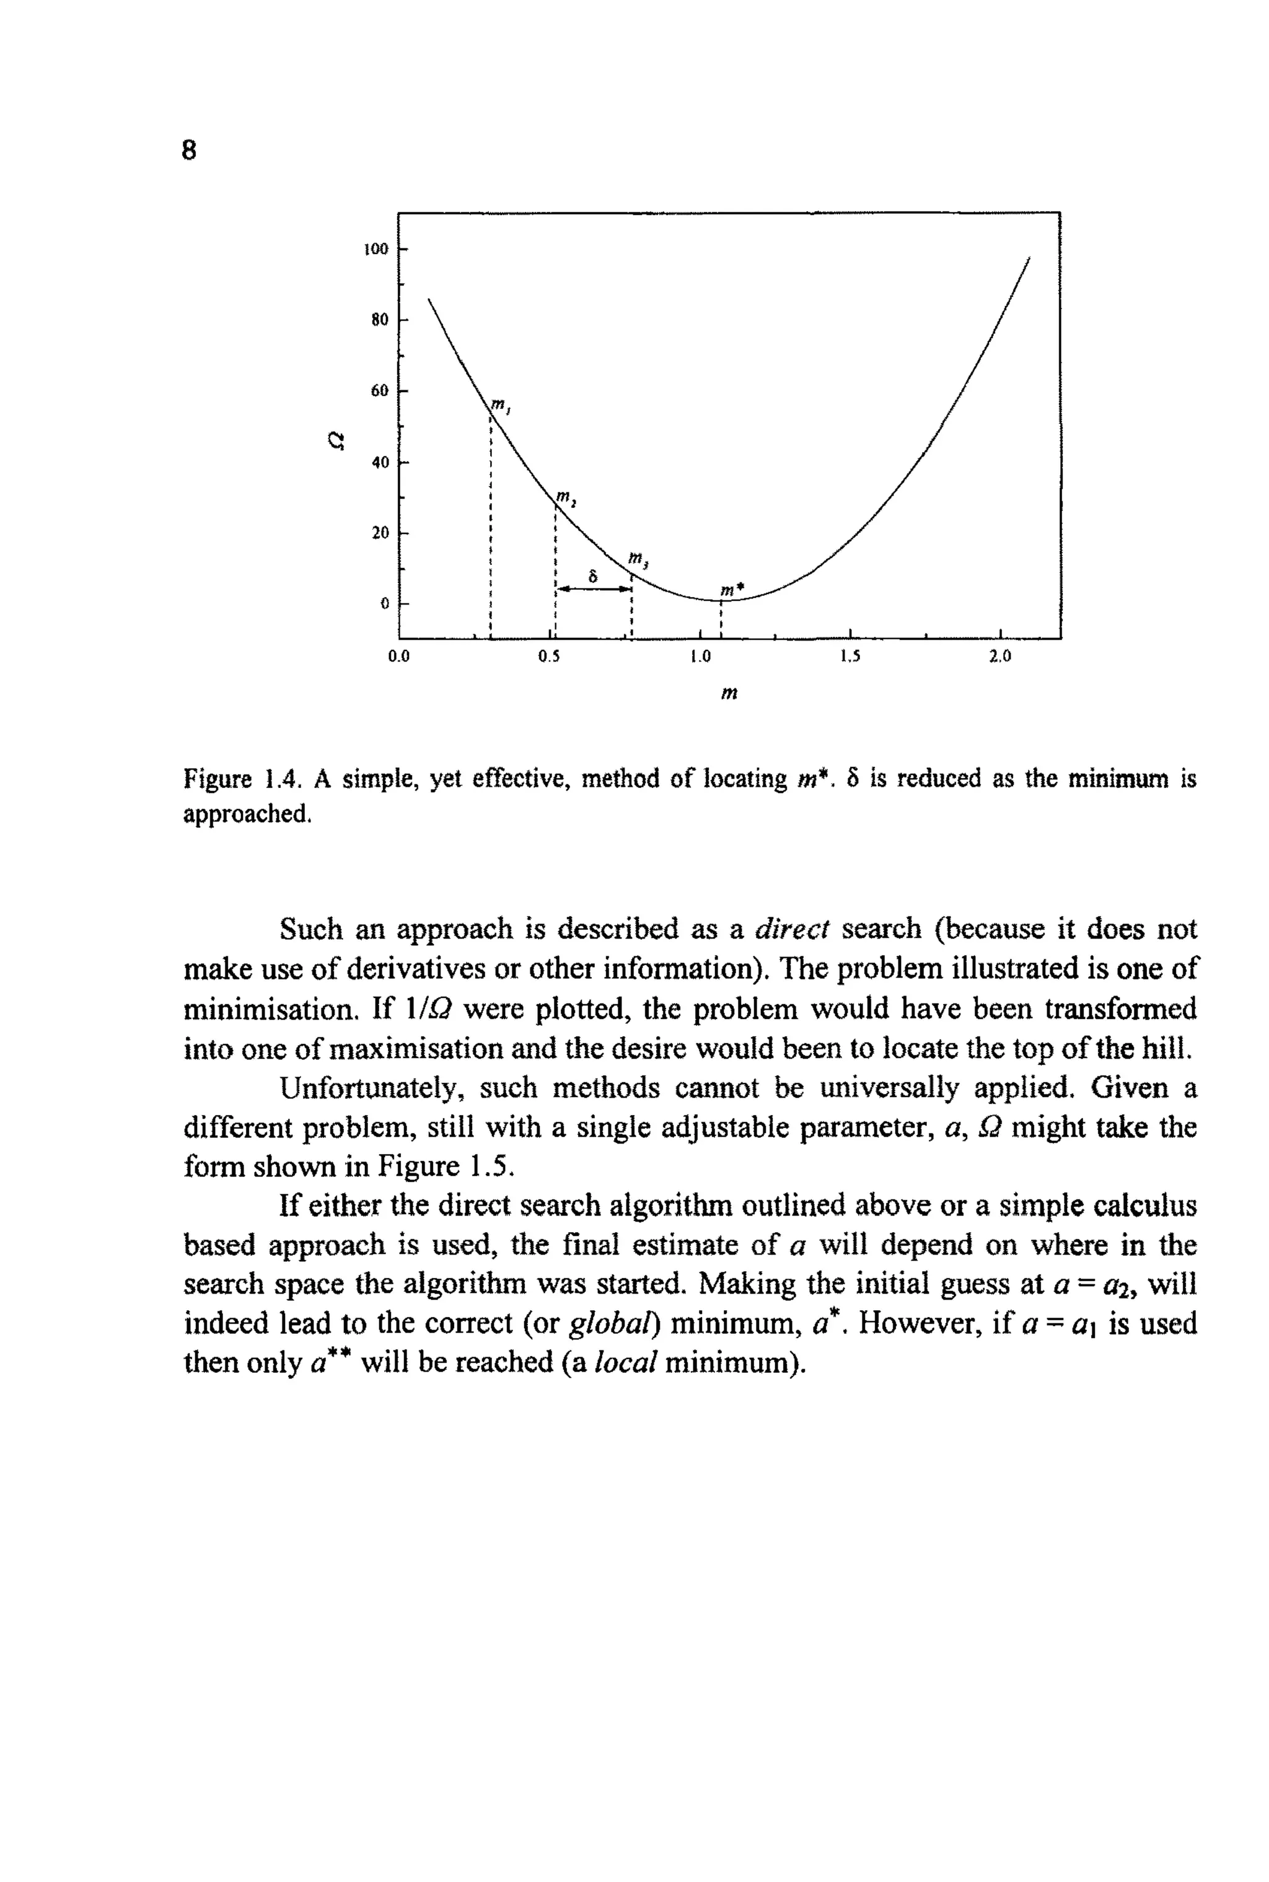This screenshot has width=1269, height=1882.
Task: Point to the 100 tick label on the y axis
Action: click(376, 249)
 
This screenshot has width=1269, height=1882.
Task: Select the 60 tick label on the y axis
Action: click(380, 391)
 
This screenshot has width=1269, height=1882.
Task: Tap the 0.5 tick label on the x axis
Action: click(549, 657)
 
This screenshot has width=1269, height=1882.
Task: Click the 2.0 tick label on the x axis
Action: click(999, 657)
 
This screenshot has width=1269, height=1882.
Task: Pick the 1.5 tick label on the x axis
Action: click(849, 657)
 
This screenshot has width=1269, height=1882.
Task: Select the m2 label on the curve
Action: click(564, 496)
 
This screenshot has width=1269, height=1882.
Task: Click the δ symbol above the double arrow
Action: click(593, 576)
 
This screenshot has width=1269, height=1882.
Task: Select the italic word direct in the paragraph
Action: click(791, 929)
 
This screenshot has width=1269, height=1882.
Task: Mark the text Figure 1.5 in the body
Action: click(444, 1166)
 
